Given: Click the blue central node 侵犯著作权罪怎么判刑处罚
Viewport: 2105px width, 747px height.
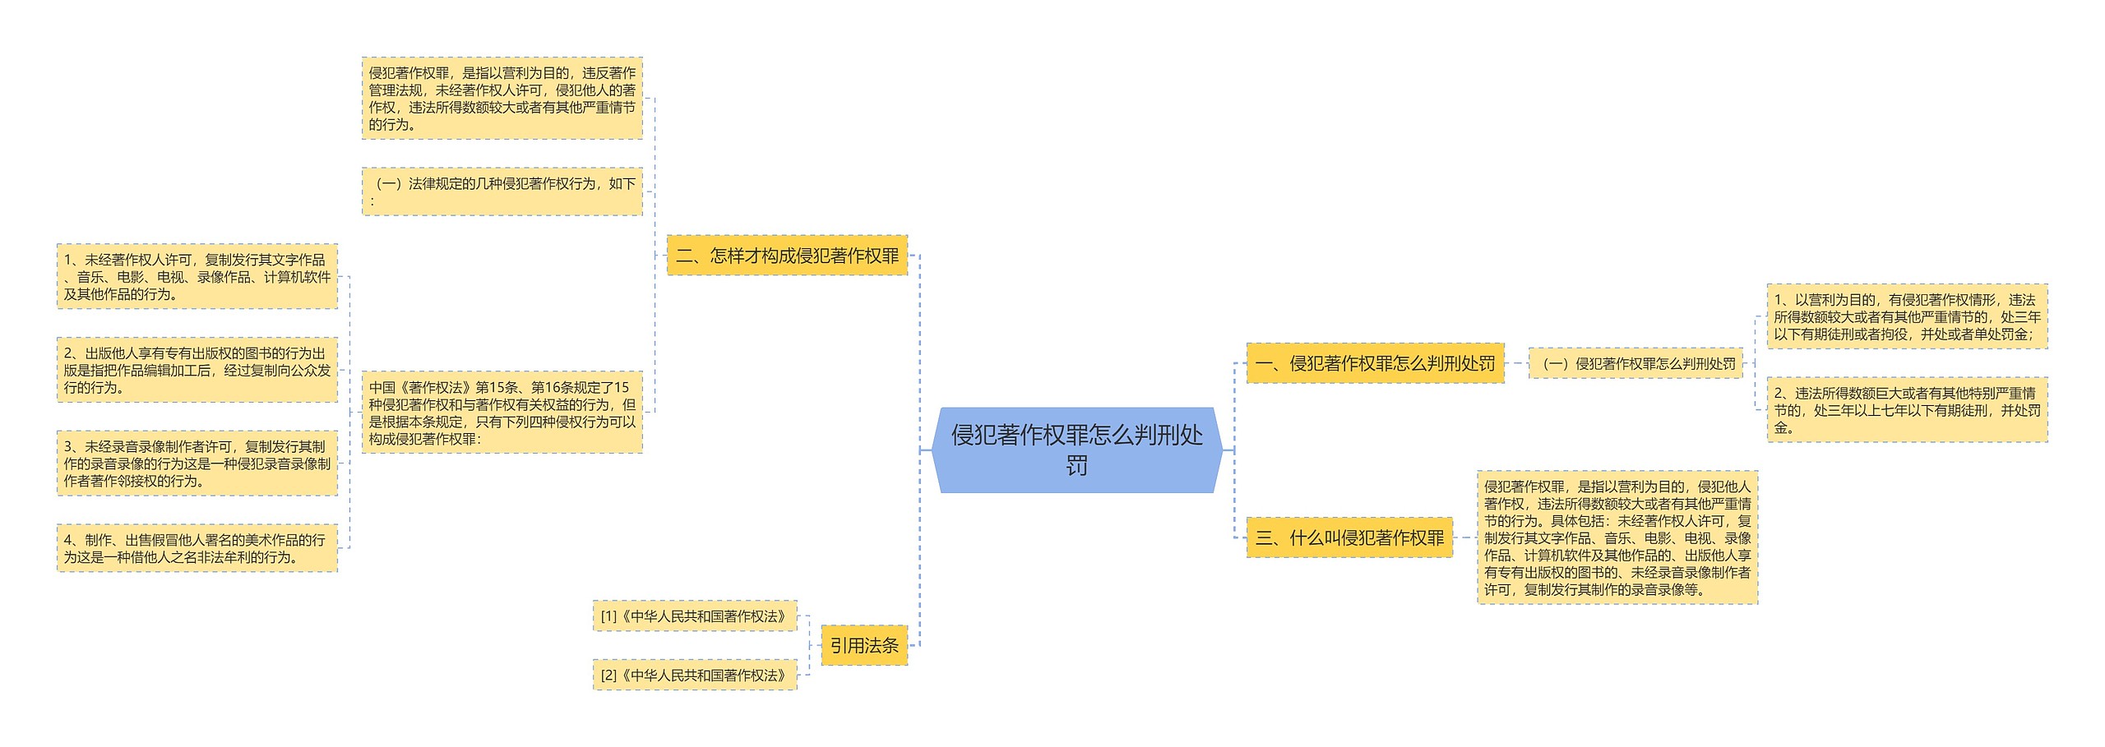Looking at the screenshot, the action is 1076,450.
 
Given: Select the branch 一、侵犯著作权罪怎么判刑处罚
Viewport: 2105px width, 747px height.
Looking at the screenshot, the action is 1375,363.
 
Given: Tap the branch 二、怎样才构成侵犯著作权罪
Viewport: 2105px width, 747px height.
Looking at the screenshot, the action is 787,256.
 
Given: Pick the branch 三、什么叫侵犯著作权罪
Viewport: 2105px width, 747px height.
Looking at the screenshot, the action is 1349,538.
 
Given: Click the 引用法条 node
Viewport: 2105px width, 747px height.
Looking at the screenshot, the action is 864,646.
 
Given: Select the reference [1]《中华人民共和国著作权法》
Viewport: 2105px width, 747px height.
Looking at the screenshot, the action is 695,616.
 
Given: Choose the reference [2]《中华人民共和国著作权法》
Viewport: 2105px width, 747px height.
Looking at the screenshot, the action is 695,676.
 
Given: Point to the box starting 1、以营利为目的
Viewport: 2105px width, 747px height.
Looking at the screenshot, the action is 1907,317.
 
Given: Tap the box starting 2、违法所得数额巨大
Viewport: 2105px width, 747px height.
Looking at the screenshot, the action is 1907,410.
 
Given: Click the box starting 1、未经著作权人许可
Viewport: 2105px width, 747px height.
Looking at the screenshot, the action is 197,277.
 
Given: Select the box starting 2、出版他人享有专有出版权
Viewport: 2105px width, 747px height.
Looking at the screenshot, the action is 197,370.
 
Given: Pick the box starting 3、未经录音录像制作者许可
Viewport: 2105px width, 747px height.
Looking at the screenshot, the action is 197,463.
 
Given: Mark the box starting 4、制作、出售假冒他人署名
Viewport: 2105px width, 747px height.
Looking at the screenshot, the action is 197,548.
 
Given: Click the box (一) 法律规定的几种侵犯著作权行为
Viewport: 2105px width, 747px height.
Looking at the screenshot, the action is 502,191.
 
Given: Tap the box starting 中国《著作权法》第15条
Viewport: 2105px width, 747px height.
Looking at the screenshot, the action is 502,413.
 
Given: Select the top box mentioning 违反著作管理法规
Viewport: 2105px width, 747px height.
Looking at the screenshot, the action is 502,99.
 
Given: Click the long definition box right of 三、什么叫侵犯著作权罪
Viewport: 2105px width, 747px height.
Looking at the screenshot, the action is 1617,538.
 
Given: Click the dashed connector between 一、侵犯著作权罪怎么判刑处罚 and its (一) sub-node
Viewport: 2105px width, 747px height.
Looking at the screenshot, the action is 1516,363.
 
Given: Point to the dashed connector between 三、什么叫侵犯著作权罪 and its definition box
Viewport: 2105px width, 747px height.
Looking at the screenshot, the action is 1465,538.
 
